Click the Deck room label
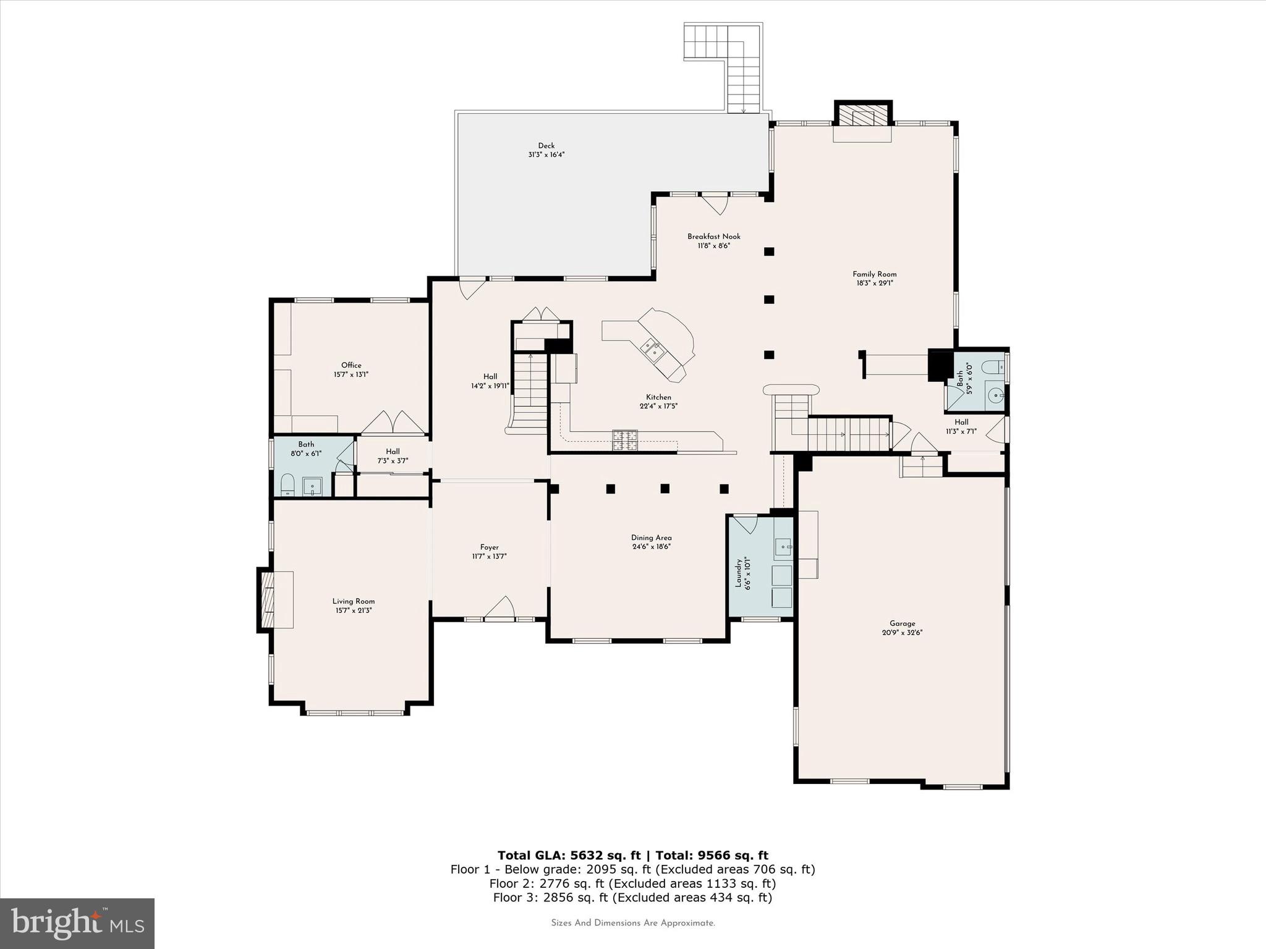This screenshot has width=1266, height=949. click(546, 146)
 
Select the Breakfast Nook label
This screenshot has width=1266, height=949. click(713, 237)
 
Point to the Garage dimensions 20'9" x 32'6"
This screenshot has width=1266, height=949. click(902, 633)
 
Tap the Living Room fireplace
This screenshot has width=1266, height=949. click(268, 600)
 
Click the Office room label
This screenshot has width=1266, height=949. click(351, 365)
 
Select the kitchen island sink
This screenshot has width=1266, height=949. click(653, 350)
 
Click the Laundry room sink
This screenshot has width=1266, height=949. click(783, 546)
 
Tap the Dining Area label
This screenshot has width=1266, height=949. click(651, 538)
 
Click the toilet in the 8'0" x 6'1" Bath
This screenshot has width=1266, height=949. click(287, 485)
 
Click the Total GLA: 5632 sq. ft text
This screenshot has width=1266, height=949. click(570, 856)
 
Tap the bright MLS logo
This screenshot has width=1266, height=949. click(77, 923)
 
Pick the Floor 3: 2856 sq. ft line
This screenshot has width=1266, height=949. click(632, 898)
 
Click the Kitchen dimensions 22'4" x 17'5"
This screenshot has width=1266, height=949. click(658, 407)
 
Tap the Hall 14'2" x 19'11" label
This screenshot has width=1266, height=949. click(490, 377)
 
